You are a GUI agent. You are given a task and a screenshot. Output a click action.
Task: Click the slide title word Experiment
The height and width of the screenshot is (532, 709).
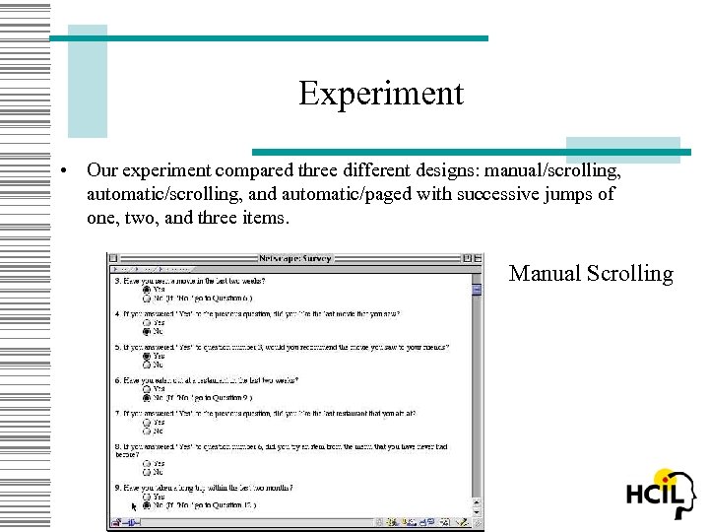[381, 94]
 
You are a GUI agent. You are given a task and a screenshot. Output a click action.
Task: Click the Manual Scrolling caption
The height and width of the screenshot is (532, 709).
[591, 273]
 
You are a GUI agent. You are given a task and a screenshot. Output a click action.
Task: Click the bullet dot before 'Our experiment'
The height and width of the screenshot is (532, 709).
[62, 169]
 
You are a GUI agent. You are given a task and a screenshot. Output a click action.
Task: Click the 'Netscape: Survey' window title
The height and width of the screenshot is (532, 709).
[295, 258]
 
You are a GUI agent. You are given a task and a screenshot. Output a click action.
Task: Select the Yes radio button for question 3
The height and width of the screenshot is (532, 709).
[147, 290]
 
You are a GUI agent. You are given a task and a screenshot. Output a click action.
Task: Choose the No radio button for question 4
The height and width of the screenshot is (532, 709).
[147, 331]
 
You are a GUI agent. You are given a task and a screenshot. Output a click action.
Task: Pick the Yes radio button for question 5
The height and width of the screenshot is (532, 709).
[147, 357]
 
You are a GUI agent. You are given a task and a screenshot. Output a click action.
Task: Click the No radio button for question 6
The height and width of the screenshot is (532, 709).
[147, 398]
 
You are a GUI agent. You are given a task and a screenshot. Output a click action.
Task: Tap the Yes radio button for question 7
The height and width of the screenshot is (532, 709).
[147, 423]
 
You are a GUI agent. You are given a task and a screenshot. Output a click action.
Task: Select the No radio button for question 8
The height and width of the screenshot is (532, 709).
[147, 472]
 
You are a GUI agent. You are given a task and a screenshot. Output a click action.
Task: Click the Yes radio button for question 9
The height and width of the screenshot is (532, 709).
[147, 497]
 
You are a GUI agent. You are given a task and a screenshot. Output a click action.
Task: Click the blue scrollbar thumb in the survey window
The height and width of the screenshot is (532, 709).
[477, 289]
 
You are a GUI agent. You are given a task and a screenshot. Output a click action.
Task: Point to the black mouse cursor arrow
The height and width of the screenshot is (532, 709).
[135, 506]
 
